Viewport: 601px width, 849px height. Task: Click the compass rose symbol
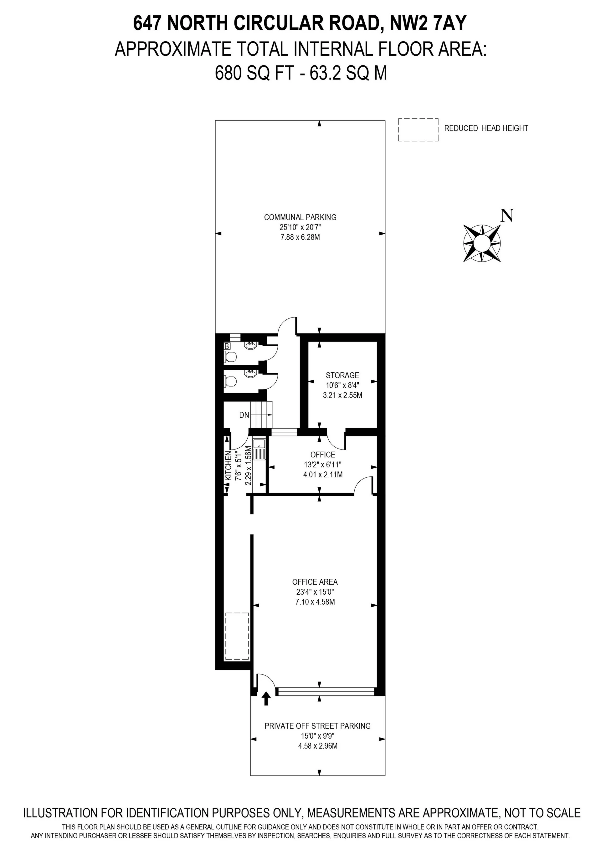482,243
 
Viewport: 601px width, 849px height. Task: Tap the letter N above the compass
507,216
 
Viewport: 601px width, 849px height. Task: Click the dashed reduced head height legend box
418,130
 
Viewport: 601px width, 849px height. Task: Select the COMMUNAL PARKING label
300,217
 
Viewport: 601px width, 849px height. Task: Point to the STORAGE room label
342,375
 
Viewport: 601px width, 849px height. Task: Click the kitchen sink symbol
259,449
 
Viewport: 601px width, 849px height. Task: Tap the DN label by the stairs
244,415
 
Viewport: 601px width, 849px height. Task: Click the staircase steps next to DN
262,414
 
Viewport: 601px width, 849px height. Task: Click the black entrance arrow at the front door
266,699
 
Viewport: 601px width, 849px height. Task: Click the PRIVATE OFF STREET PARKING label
317,726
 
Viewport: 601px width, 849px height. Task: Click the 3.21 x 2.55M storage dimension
342,395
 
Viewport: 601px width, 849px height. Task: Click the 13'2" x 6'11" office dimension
322,465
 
